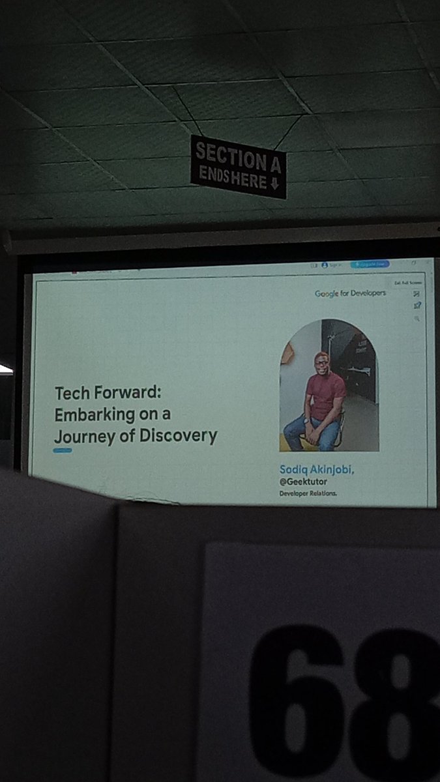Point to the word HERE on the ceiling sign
249,180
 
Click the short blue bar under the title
63,450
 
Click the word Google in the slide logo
327,294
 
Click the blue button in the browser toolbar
369,265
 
